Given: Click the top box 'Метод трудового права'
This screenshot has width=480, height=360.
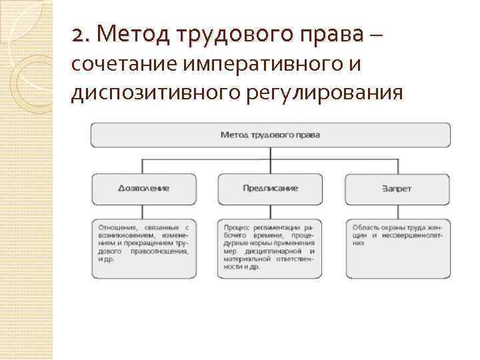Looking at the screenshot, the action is pos(270,135).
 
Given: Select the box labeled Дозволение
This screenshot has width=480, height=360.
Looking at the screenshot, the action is pos(143,189).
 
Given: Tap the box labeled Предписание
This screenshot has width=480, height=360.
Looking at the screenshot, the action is pos(270,189).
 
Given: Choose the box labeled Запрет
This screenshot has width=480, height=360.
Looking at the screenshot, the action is pos(397,189).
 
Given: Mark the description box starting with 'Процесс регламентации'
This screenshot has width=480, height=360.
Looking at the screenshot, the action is pos(270,247).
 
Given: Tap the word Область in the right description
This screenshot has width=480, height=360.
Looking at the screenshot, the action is pos(365,228).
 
